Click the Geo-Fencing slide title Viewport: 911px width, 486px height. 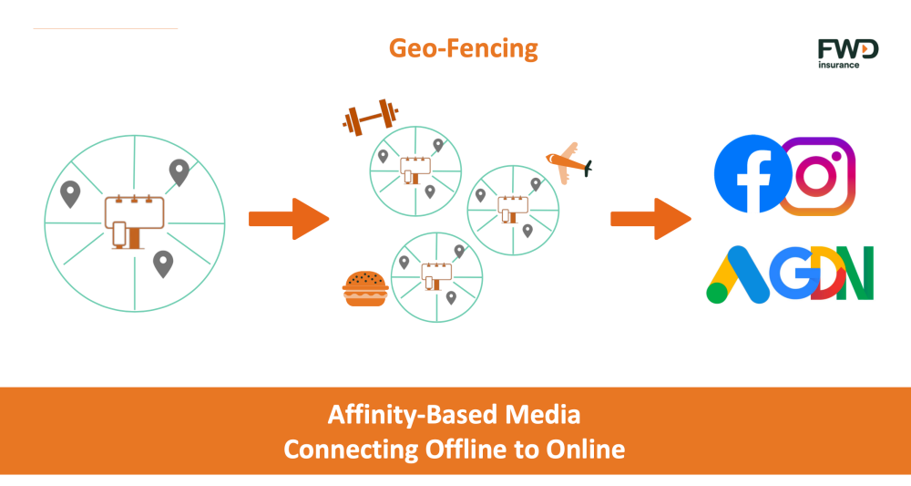[x=463, y=48]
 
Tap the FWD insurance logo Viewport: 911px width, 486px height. [x=847, y=54]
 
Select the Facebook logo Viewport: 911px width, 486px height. [x=753, y=174]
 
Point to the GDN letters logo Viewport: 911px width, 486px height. [x=825, y=273]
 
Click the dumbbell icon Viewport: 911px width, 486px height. [x=371, y=117]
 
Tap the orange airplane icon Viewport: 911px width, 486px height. [x=568, y=163]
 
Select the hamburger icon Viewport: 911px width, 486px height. [x=365, y=288]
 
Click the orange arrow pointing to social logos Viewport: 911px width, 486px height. [x=650, y=219]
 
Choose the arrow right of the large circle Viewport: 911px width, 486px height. [x=289, y=219]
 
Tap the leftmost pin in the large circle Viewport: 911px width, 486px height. [x=70, y=194]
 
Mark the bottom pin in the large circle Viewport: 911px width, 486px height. [x=163, y=264]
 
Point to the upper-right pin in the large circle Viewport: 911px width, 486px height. [x=179, y=172]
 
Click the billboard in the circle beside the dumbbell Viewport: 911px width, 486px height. [x=415, y=171]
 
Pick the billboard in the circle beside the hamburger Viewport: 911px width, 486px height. [x=436, y=276]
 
